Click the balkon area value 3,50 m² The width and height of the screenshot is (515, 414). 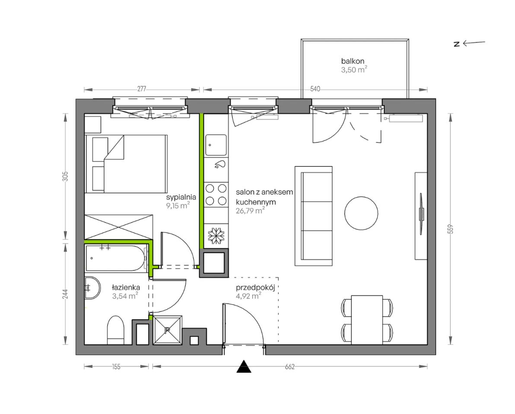(354, 69)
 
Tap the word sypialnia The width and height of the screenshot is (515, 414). (181, 198)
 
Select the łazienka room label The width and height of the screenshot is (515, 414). (125, 288)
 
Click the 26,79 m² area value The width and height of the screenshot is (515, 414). (250, 210)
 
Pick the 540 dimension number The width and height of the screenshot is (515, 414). (315, 89)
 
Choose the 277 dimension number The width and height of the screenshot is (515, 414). (142, 89)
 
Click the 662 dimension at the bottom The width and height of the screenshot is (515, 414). (289, 367)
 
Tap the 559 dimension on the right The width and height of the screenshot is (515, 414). (451, 229)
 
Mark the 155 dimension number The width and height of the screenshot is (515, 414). (116, 367)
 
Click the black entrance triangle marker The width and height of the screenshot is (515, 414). (244, 367)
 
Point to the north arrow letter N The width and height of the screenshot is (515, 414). (457, 44)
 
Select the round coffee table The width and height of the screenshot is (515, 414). (361, 213)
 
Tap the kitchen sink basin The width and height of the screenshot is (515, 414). (216, 145)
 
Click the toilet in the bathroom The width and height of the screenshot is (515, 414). (115, 330)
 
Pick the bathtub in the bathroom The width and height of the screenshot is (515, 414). (117, 259)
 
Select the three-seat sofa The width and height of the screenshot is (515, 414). (314, 216)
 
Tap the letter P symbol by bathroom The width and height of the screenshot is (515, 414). (167, 330)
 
